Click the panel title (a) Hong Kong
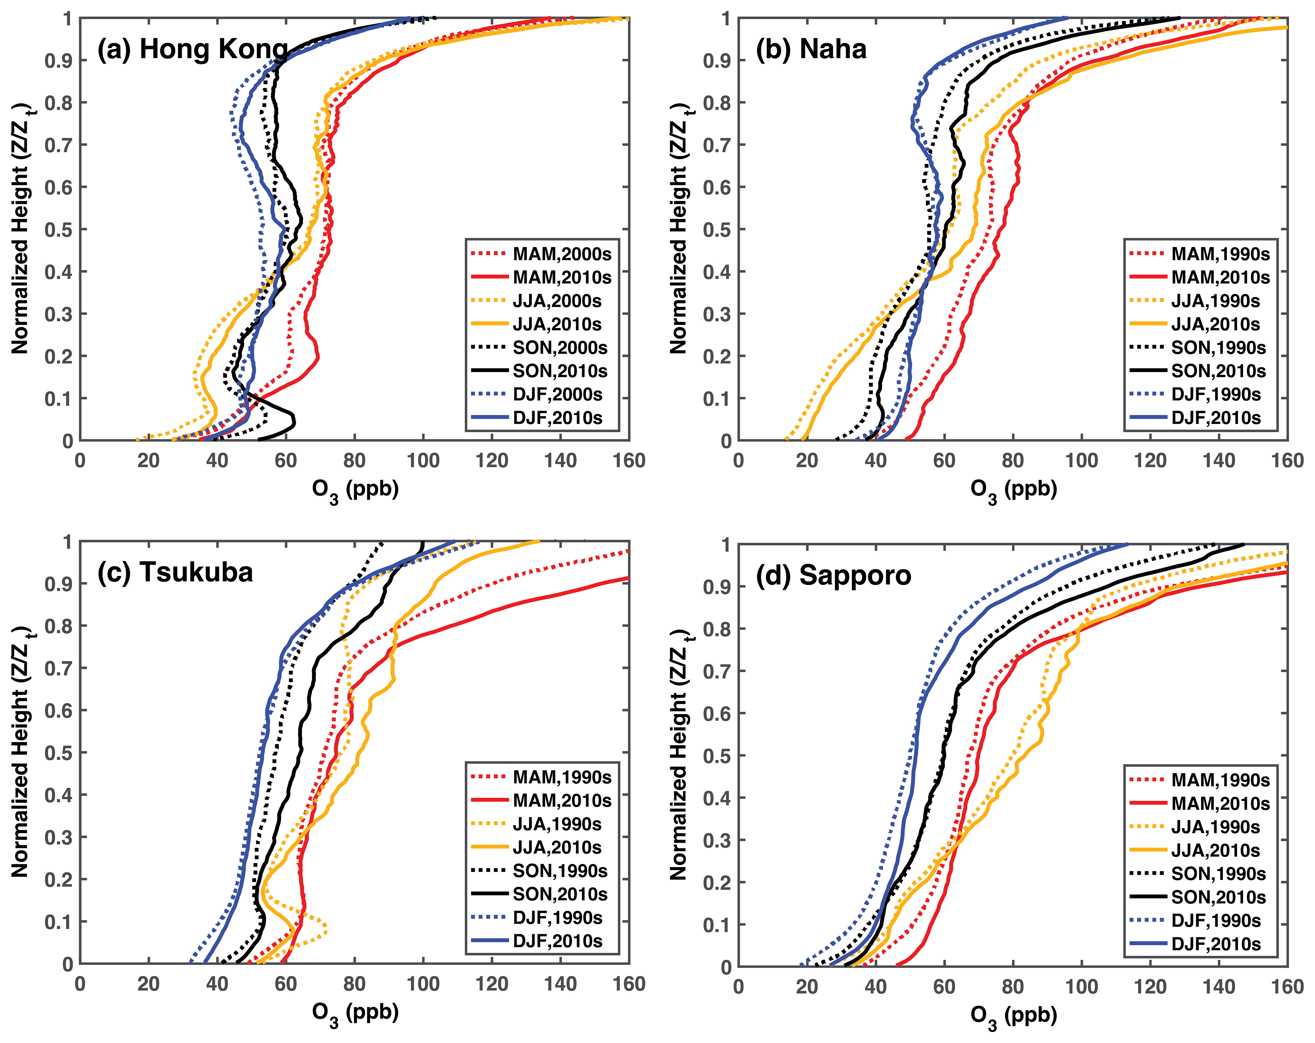tap(192, 49)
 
